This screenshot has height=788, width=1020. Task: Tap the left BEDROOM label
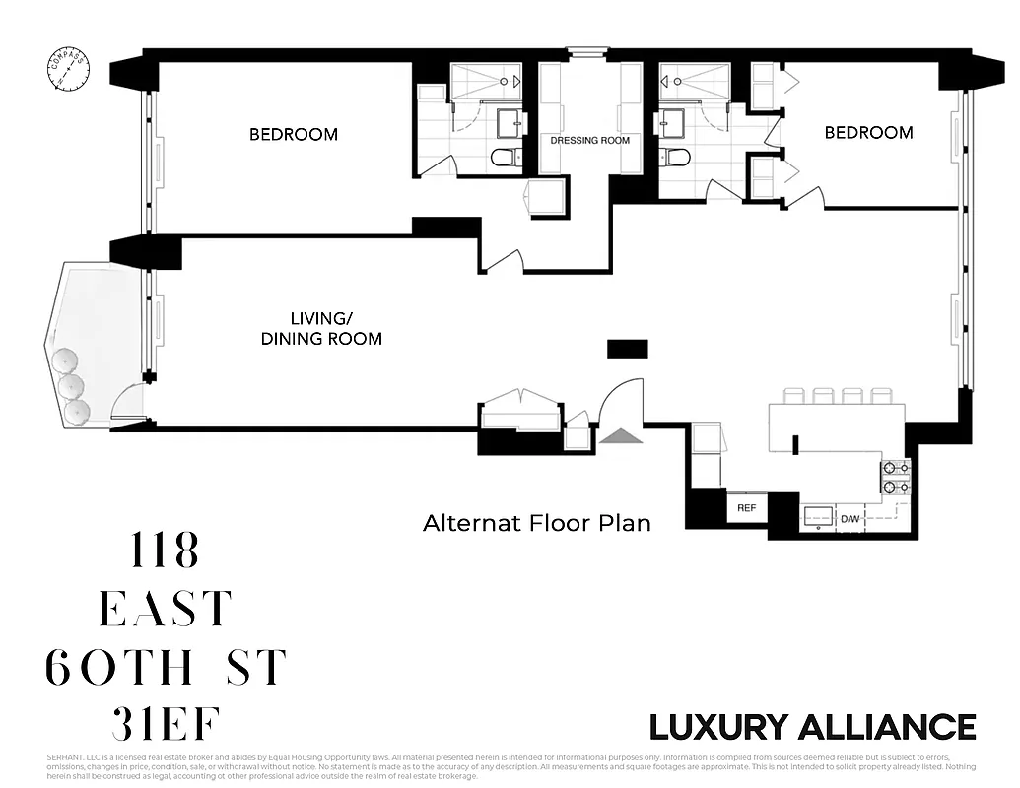pos(293,134)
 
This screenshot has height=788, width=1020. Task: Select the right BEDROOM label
pos(868,132)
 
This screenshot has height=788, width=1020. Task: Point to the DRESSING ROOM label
pos(589,141)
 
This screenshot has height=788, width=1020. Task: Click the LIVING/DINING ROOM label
pos(321,328)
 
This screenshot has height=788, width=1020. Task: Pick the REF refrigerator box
pos(746,508)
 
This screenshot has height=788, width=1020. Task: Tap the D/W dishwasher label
pos(850,519)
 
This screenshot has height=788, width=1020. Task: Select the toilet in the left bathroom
pos(504,157)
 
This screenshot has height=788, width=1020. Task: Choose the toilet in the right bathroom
pos(675,157)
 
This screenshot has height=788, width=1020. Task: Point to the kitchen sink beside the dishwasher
pos(817,515)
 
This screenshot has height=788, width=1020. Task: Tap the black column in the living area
pos(627,349)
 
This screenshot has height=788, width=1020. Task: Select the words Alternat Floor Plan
pos(537,523)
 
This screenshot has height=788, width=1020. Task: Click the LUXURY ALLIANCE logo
pos(812,727)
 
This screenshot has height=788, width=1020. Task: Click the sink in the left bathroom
pos(510,122)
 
